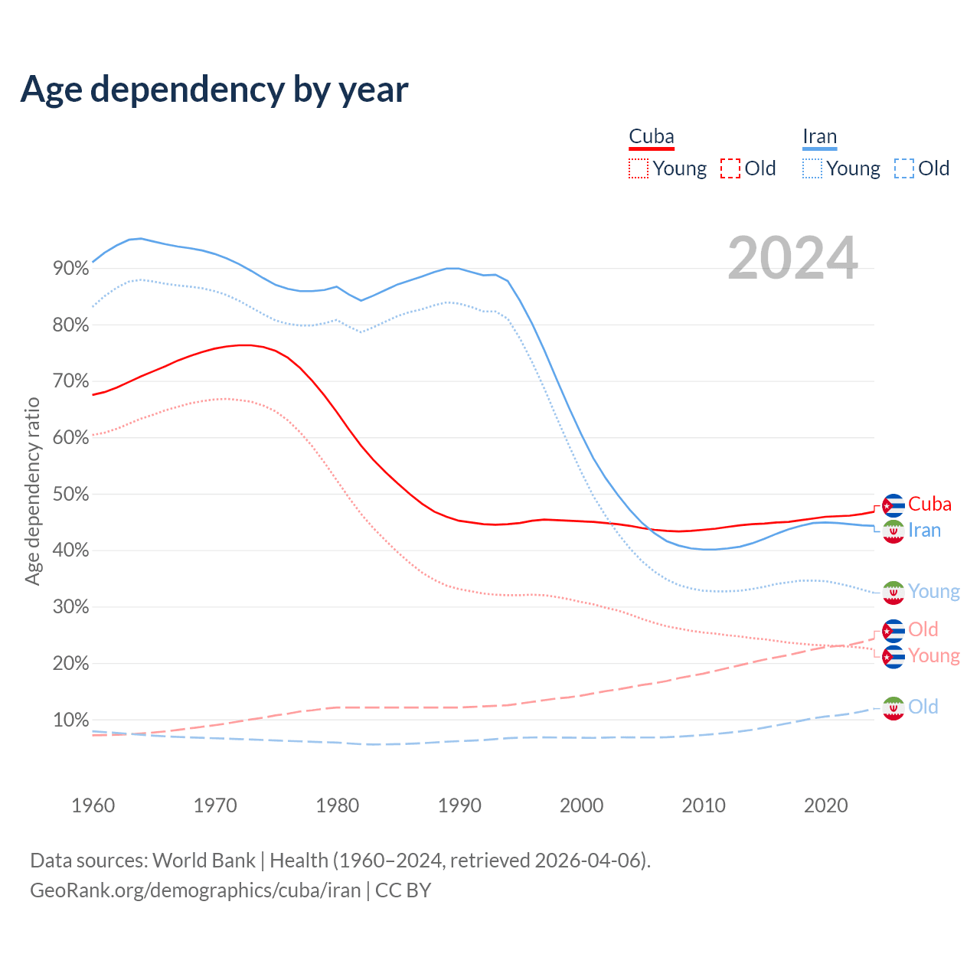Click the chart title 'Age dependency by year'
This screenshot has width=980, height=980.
(x=214, y=90)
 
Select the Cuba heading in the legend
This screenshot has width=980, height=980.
(x=651, y=137)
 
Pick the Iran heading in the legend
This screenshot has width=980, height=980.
(x=819, y=137)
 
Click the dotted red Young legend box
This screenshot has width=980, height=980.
(x=638, y=168)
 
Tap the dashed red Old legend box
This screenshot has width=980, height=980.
(x=730, y=168)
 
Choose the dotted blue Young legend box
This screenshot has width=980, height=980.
(x=812, y=168)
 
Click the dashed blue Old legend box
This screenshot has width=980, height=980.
(x=903, y=168)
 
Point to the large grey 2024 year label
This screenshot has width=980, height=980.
(x=792, y=258)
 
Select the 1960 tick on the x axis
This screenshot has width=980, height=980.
(x=93, y=805)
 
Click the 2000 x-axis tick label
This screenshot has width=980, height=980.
(x=582, y=805)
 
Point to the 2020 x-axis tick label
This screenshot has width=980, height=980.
(x=826, y=805)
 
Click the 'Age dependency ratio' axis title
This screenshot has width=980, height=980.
(x=32, y=491)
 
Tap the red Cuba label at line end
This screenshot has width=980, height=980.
(x=929, y=505)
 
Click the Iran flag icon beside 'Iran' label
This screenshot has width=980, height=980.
(x=893, y=531)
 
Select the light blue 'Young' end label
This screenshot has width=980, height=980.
(x=933, y=592)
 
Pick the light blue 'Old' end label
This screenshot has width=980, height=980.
(x=923, y=707)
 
